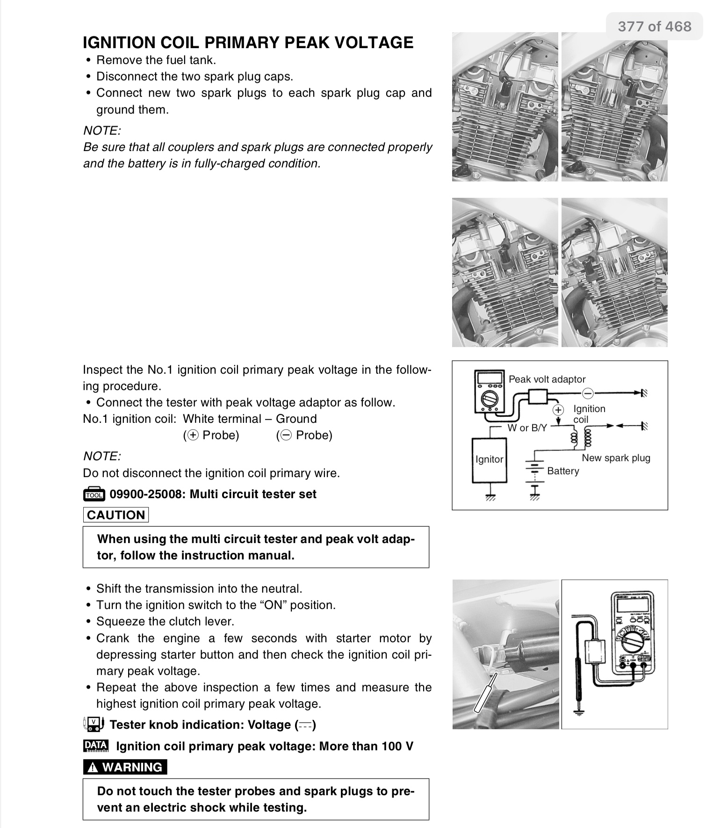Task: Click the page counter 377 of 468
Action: coord(654,26)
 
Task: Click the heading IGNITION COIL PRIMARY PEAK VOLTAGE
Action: coord(248,43)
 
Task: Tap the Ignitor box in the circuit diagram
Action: coord(489,459)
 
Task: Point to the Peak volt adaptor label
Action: coord(547,379)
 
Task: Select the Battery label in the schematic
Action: coord(563,471)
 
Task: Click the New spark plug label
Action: coord(616,458)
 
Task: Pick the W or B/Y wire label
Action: coord(527,428)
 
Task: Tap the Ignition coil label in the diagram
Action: coord(589,414)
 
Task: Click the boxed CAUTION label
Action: coord(116,515)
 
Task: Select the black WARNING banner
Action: coord(125,767)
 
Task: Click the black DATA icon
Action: coord(95,746)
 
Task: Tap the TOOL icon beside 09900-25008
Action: coord(94,494)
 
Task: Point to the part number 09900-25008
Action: coord(147,494)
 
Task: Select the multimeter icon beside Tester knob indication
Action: coord(94,724)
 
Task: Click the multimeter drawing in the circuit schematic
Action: coord(489,392)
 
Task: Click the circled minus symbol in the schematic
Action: coord(588,392)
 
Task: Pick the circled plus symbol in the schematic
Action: coord(558,410)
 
